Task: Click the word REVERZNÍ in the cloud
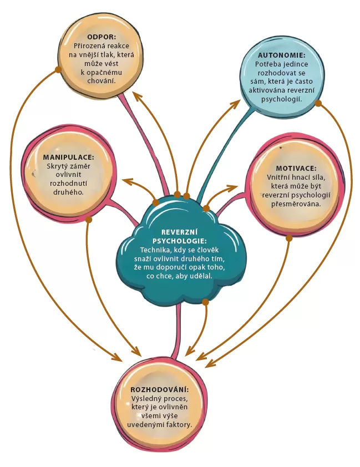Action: click(179, 232)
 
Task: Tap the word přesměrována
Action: click(296, 203)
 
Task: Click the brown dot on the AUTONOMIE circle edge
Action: click(318, 103)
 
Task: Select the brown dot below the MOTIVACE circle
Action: click(288, 237)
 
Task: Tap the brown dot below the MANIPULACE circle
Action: click(88, 220)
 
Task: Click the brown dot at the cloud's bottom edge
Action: click(205, 302)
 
